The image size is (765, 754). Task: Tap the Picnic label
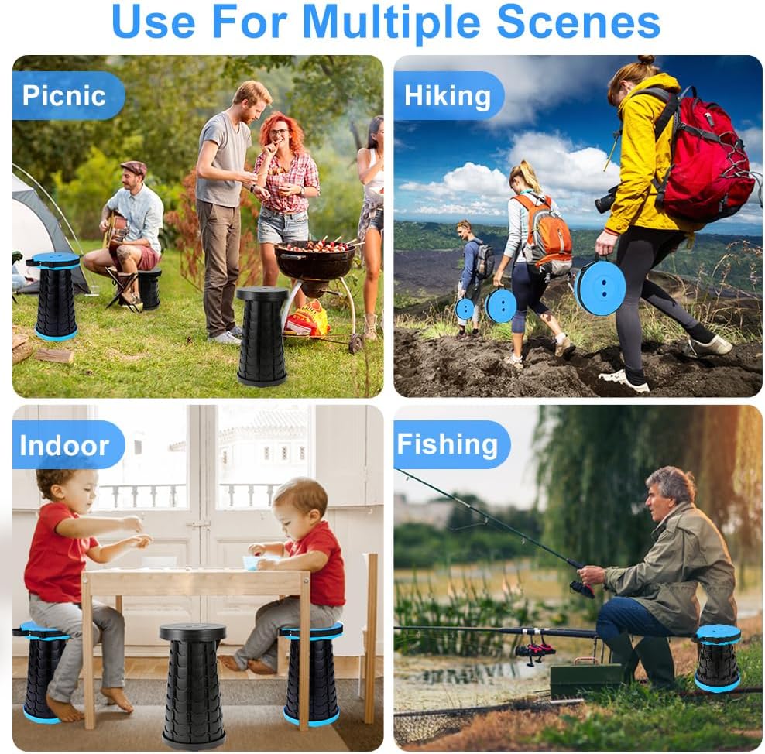coord(64,95)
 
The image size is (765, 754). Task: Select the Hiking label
coord(448,95)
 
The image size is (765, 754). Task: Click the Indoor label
coord(64,445)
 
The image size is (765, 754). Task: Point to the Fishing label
coord(448,444)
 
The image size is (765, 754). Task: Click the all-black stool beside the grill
coord(262,337)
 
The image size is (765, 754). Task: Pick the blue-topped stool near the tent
coord(56,296)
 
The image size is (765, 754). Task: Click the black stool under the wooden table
coord(194,686)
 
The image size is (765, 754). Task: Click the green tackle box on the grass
coord(586,679)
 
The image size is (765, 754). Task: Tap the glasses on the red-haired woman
coord(278,132)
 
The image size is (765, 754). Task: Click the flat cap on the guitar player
coord(133,167)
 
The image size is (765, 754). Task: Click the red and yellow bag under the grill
coord(307,318)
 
